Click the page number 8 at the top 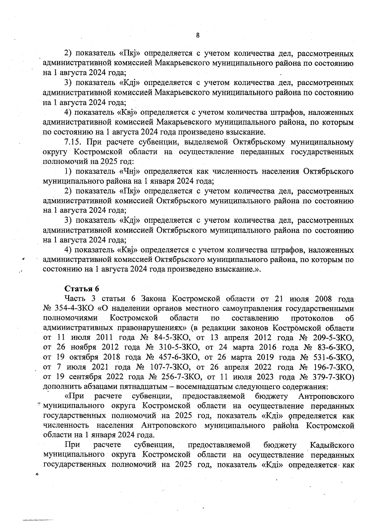click(x=198, y=35)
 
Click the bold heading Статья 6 click(x=82, y=289)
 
